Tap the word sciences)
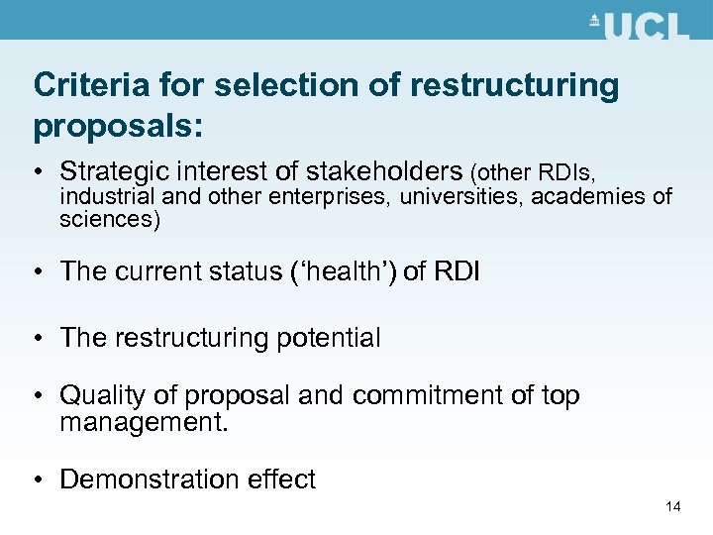110,219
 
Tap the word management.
144,423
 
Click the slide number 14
673,507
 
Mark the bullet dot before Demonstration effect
40,481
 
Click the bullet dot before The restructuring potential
40,339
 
